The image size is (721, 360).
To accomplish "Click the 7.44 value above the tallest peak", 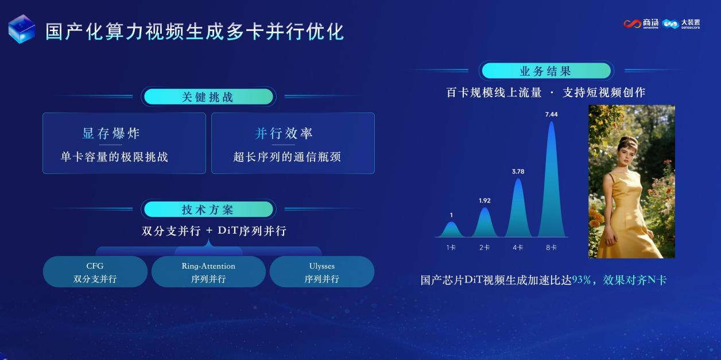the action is [x=552, y=114].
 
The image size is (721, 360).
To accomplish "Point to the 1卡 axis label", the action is [x=451, y=247].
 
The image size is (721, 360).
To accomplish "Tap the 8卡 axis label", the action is [x=552, y=247].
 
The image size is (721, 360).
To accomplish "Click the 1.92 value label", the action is [x=484, y=200].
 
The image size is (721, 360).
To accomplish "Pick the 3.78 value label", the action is [x=518, y=172].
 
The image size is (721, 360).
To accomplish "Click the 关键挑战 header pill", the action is [x=208, y=96].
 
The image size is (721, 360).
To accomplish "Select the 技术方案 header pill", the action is [x=208, y=210].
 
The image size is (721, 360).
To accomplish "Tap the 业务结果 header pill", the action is [x=546, y=71].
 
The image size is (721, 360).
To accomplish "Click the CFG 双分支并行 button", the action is [x=95, y=272].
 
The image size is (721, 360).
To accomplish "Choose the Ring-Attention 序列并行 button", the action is [x=208, y=272].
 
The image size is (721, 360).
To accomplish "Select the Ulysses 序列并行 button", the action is [x=322, y=272].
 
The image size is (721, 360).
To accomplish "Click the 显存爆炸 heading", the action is [x=111, y=133].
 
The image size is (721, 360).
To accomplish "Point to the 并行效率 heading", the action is [x=284, y=133].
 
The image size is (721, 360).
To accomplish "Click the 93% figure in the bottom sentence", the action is [x=582, y=280].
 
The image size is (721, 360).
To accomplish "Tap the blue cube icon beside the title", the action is [x=22, y=29].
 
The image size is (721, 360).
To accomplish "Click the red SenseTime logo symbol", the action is [x=632, y=24].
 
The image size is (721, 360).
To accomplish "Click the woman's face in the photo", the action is [x=629, y=154].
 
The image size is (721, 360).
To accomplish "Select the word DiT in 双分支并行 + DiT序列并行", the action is [x=227, y=231].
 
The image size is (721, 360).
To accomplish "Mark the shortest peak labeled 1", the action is [x=451, y=230].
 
